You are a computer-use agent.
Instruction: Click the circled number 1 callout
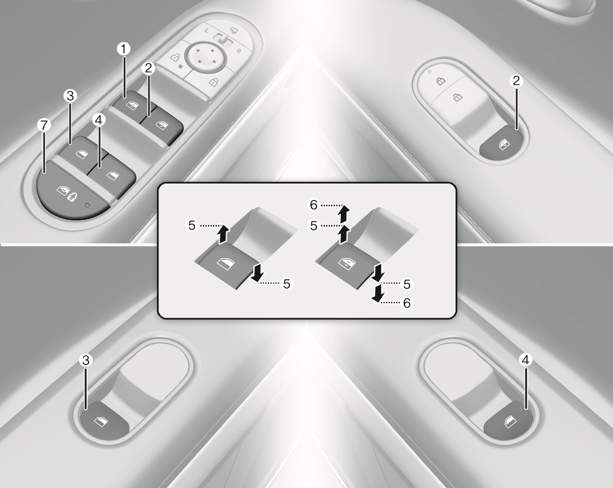[x=124, y=49]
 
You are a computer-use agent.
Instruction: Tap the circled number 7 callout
[x=44, y=125]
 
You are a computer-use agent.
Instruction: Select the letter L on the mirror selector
[x=207, y=30]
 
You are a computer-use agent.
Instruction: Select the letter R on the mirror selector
[x=239, y=51]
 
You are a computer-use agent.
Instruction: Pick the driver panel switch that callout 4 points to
[x=112, y=173]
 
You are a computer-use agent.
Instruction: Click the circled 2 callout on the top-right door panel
[x=516, y=81]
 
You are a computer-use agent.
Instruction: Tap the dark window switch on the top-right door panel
[x=502, y=144]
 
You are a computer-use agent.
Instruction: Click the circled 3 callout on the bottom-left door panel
[x=86, y=360]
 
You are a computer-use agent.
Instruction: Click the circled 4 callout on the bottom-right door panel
[x=525, y=360]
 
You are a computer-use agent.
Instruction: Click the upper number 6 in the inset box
[x=313, y=205]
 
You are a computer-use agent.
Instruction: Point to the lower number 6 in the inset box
[x=407, y=303]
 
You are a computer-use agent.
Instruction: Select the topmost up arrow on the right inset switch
[x=344, y=214]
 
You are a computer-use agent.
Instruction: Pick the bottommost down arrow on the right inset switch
[x=377, y=294]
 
